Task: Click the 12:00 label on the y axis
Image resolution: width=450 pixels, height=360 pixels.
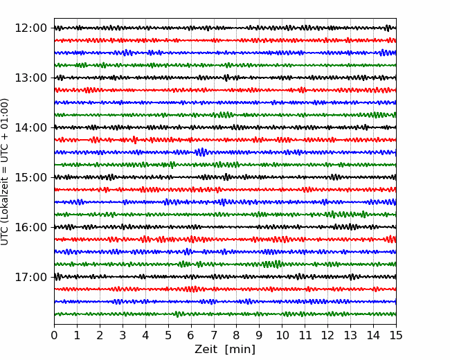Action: pos(30,28)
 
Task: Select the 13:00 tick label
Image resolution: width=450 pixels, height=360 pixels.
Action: pos(30,78)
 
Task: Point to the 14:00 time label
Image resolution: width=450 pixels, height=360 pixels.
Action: pos(30,127)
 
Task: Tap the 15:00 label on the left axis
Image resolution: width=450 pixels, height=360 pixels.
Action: pos(30,177)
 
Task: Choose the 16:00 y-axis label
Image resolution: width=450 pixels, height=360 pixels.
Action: pos(30,227)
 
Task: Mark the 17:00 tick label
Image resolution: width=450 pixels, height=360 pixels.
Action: pos(30,277)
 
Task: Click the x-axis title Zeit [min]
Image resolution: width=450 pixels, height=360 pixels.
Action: pos(224,350)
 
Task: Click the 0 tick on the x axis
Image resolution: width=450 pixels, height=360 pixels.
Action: pos(54,336)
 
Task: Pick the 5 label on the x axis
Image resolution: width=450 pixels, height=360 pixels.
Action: pos(168,336)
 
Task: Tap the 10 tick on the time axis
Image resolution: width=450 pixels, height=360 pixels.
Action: pos(282,336)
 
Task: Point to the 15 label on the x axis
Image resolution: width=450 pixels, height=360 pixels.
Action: pos(396,336)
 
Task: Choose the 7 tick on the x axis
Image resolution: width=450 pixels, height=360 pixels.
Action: pos(214,336)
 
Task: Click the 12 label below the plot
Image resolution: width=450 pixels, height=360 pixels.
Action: pos(327,336)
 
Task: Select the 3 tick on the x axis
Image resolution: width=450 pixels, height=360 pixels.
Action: pos(123,336)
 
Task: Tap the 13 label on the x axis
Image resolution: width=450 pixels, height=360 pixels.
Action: pos(350,336)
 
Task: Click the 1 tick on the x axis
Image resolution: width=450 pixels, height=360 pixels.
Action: pos(77,336)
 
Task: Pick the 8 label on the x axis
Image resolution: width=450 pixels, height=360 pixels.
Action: pos(237,336)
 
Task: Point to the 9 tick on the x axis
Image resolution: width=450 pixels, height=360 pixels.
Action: pos(260,336)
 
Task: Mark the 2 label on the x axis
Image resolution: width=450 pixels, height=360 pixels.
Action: pos(100,336)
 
